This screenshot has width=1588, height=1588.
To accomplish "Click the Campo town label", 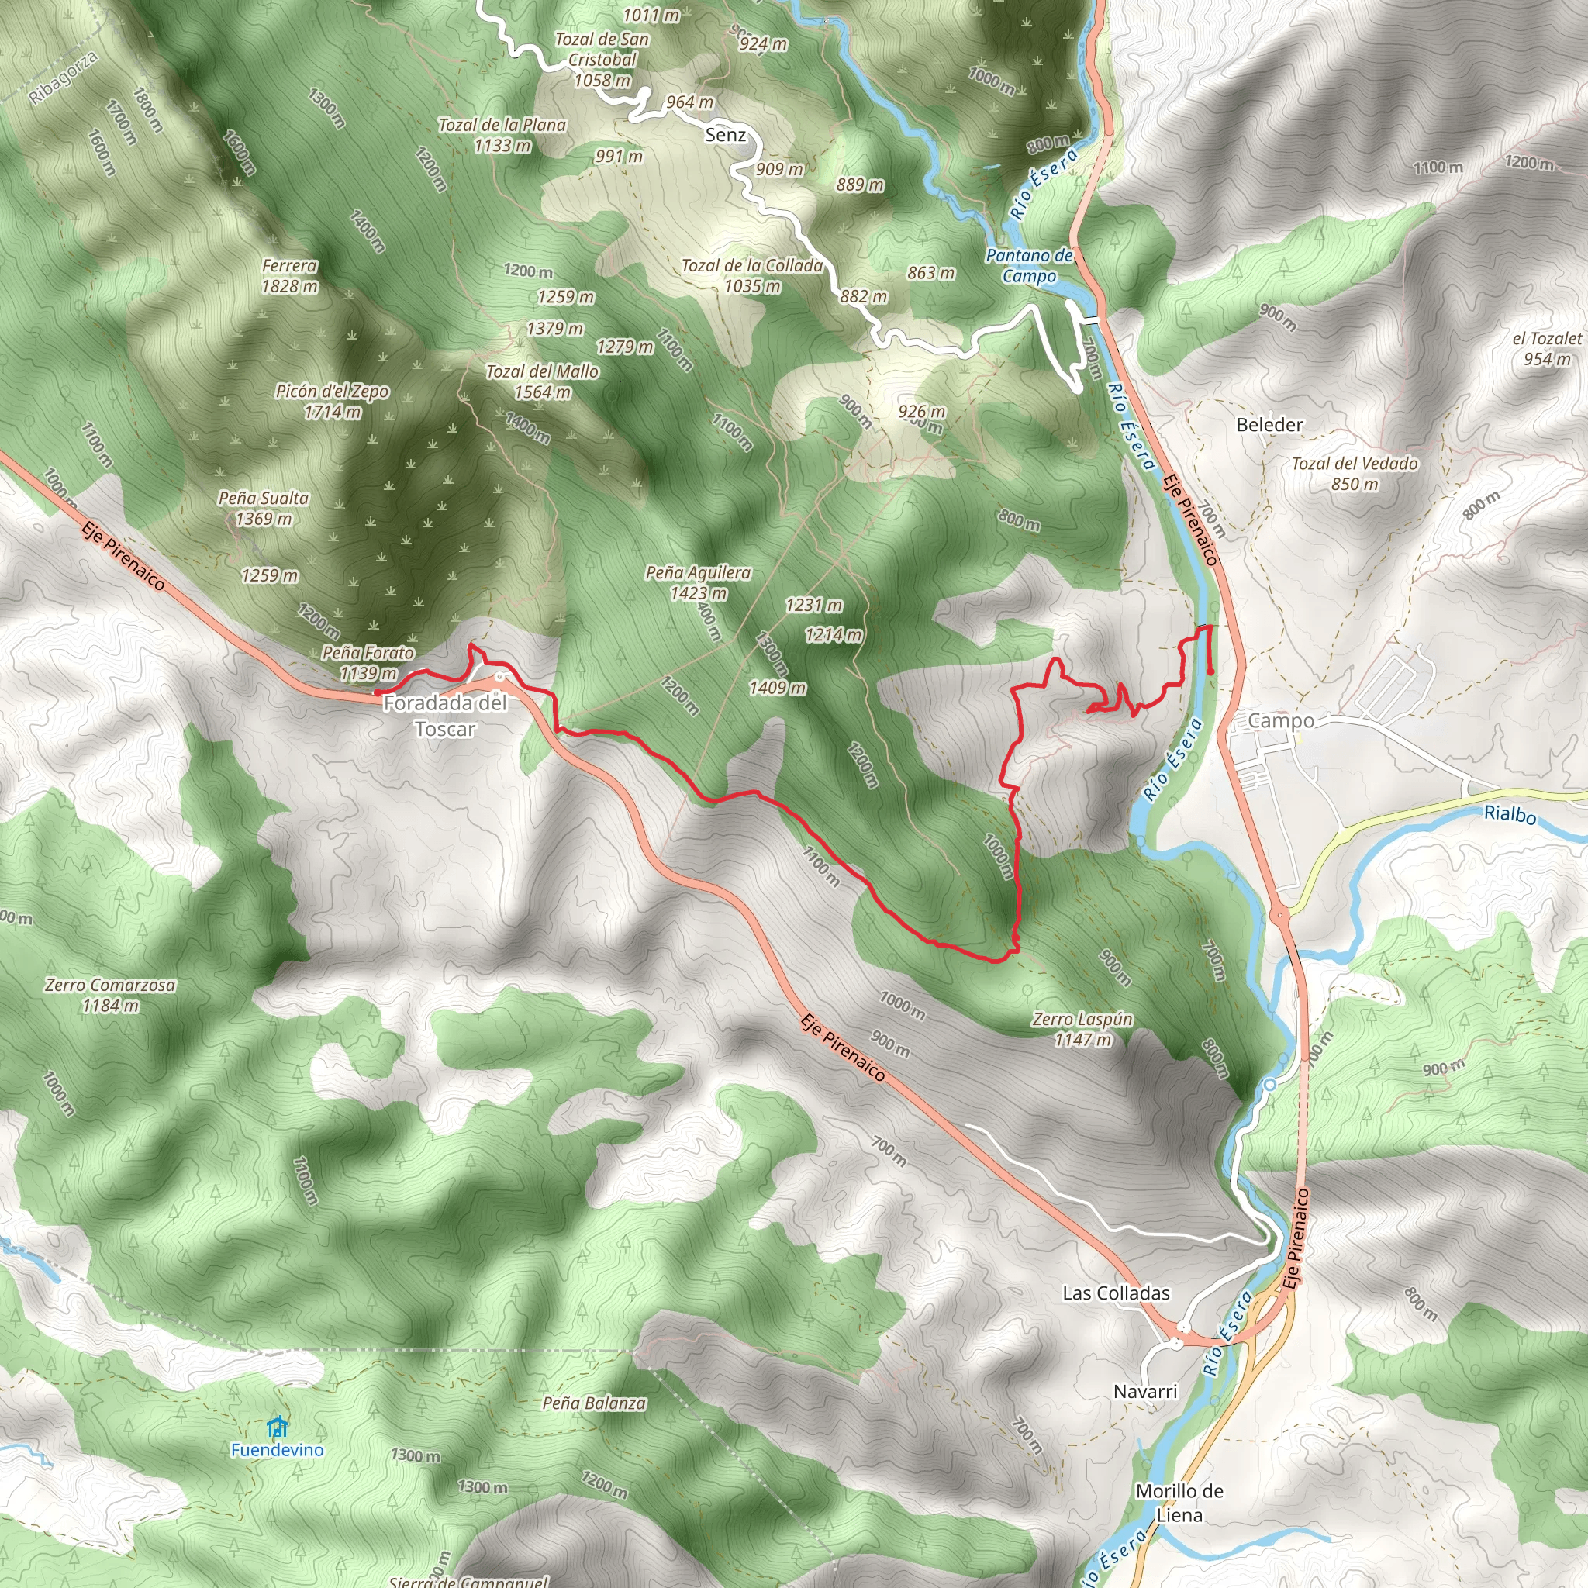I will (1281, 721).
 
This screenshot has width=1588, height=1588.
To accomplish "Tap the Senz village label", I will (726, 135).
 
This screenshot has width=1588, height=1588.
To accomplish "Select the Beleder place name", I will (1270, 425).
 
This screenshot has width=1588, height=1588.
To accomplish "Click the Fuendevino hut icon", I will (278, 1425).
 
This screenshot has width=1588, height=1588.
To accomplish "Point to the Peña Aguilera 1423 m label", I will (698, 583).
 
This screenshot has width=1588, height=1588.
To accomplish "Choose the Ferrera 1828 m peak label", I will (289, 276).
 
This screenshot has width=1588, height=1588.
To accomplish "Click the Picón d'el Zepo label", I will (332, 401).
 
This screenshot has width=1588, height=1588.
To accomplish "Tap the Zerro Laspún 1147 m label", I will (1082, 1029).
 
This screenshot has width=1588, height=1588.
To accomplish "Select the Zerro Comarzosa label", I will (110, 995).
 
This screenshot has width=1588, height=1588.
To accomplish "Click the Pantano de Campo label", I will (1029, 265).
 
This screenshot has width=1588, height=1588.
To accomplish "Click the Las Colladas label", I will (1117, 1293).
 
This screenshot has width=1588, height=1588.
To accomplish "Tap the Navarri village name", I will (1145, 1392).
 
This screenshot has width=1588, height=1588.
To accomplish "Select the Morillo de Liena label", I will (1179, 1503).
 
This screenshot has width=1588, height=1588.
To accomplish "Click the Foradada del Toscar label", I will (444, 716).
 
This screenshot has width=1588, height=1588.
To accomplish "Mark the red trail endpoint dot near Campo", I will (1210, 672).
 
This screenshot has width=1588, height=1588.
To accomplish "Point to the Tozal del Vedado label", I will (1355, 474).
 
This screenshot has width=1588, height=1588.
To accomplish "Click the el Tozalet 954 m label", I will (1547, 348).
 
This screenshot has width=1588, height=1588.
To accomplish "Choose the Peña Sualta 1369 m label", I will (264, 508).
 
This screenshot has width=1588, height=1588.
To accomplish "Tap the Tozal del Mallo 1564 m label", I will (543, 381).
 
